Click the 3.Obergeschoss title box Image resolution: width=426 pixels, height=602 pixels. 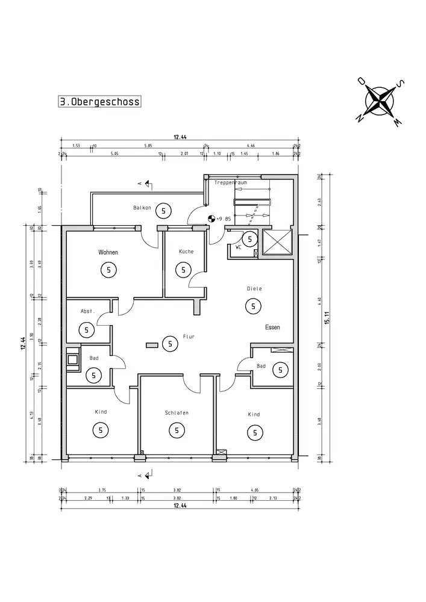click(x=99, y=102)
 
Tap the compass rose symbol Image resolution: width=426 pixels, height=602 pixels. click(x=381, y=101)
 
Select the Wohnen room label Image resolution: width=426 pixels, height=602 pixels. click(x=108, y=252)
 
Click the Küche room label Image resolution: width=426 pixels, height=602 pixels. click(x=186, y=251)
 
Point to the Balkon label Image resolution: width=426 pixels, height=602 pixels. click(x=142, y=208)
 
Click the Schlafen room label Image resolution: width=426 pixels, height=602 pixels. click(x=177, y=413)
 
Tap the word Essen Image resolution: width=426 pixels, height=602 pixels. click(x=272, y=327)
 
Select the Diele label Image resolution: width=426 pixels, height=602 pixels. click(x=254, y=289)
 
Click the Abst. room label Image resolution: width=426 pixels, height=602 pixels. click(x=87, y=311)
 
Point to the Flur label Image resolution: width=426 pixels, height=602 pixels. click(x=188, y=337)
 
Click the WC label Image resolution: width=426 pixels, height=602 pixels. click(x=239, y=246)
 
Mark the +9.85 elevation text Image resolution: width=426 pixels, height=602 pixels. click(x=224, y=219)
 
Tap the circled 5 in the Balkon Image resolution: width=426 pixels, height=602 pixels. click(x=163, y=210)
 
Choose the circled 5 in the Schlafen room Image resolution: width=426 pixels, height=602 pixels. click(x=177, y=430)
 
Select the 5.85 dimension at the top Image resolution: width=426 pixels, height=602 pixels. click(x=148, y=146)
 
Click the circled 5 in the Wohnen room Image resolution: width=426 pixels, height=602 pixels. click(x=108, y=270)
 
